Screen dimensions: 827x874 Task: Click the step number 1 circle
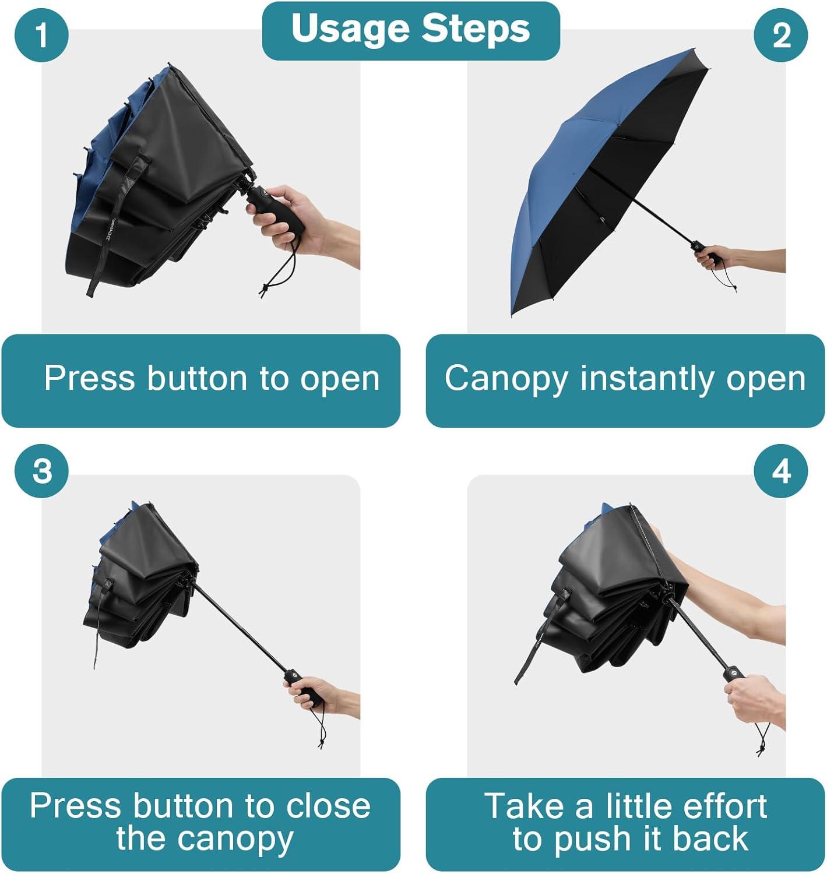coord(41,35)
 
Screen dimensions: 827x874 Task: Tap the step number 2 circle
coord(781,35)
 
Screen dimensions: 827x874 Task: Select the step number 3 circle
coord(41,471)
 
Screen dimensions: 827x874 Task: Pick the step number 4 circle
coord(781,471)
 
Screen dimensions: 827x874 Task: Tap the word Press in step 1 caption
coord(89,378)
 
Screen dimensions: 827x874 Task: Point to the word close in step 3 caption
coord(328,806)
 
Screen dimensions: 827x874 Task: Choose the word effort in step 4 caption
coord(723,806)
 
